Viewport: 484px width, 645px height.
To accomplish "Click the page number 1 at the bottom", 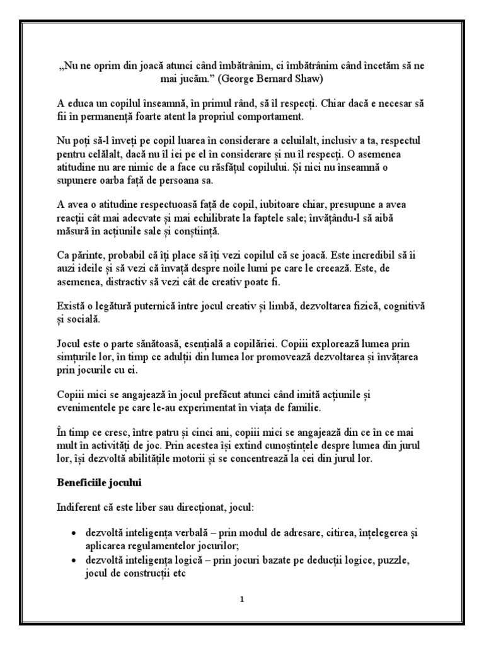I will [x=241, y=599].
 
